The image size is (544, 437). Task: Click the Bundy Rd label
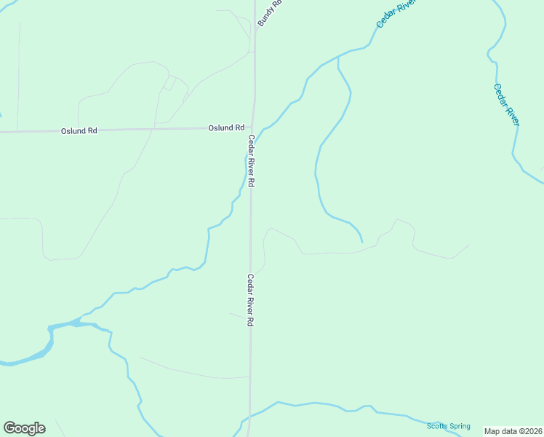click(268, 14)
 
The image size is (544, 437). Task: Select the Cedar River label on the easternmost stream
click(506, 105)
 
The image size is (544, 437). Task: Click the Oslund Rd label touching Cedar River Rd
click(226, 127)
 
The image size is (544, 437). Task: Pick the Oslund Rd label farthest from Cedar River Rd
click(79, 131)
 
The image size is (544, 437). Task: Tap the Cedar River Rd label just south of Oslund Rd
click(251, 162)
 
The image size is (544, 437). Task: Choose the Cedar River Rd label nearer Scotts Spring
click(250, 300)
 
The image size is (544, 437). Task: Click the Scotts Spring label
click(448, 426)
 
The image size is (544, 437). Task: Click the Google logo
click(24, 428)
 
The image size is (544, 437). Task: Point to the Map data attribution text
click(513, 431)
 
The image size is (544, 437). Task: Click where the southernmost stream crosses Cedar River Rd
click(249, 416)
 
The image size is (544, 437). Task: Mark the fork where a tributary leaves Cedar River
click(338, 57)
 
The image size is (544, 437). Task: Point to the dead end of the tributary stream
click(361, 241)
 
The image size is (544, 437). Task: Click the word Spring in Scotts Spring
click(459, 426)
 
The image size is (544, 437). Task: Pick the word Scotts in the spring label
click(436, 426)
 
